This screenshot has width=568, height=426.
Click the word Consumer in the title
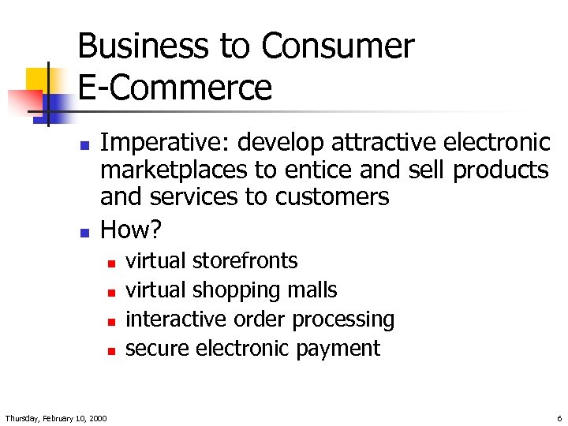(x=337, y=47)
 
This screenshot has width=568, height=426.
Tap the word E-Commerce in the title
(x=174, y=87)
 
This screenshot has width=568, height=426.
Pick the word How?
(x=131, y=230)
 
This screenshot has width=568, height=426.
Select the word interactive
(x=177, y=319)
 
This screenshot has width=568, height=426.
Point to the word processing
(x=343, y=319)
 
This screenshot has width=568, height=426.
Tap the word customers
(x=331, y=196)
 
